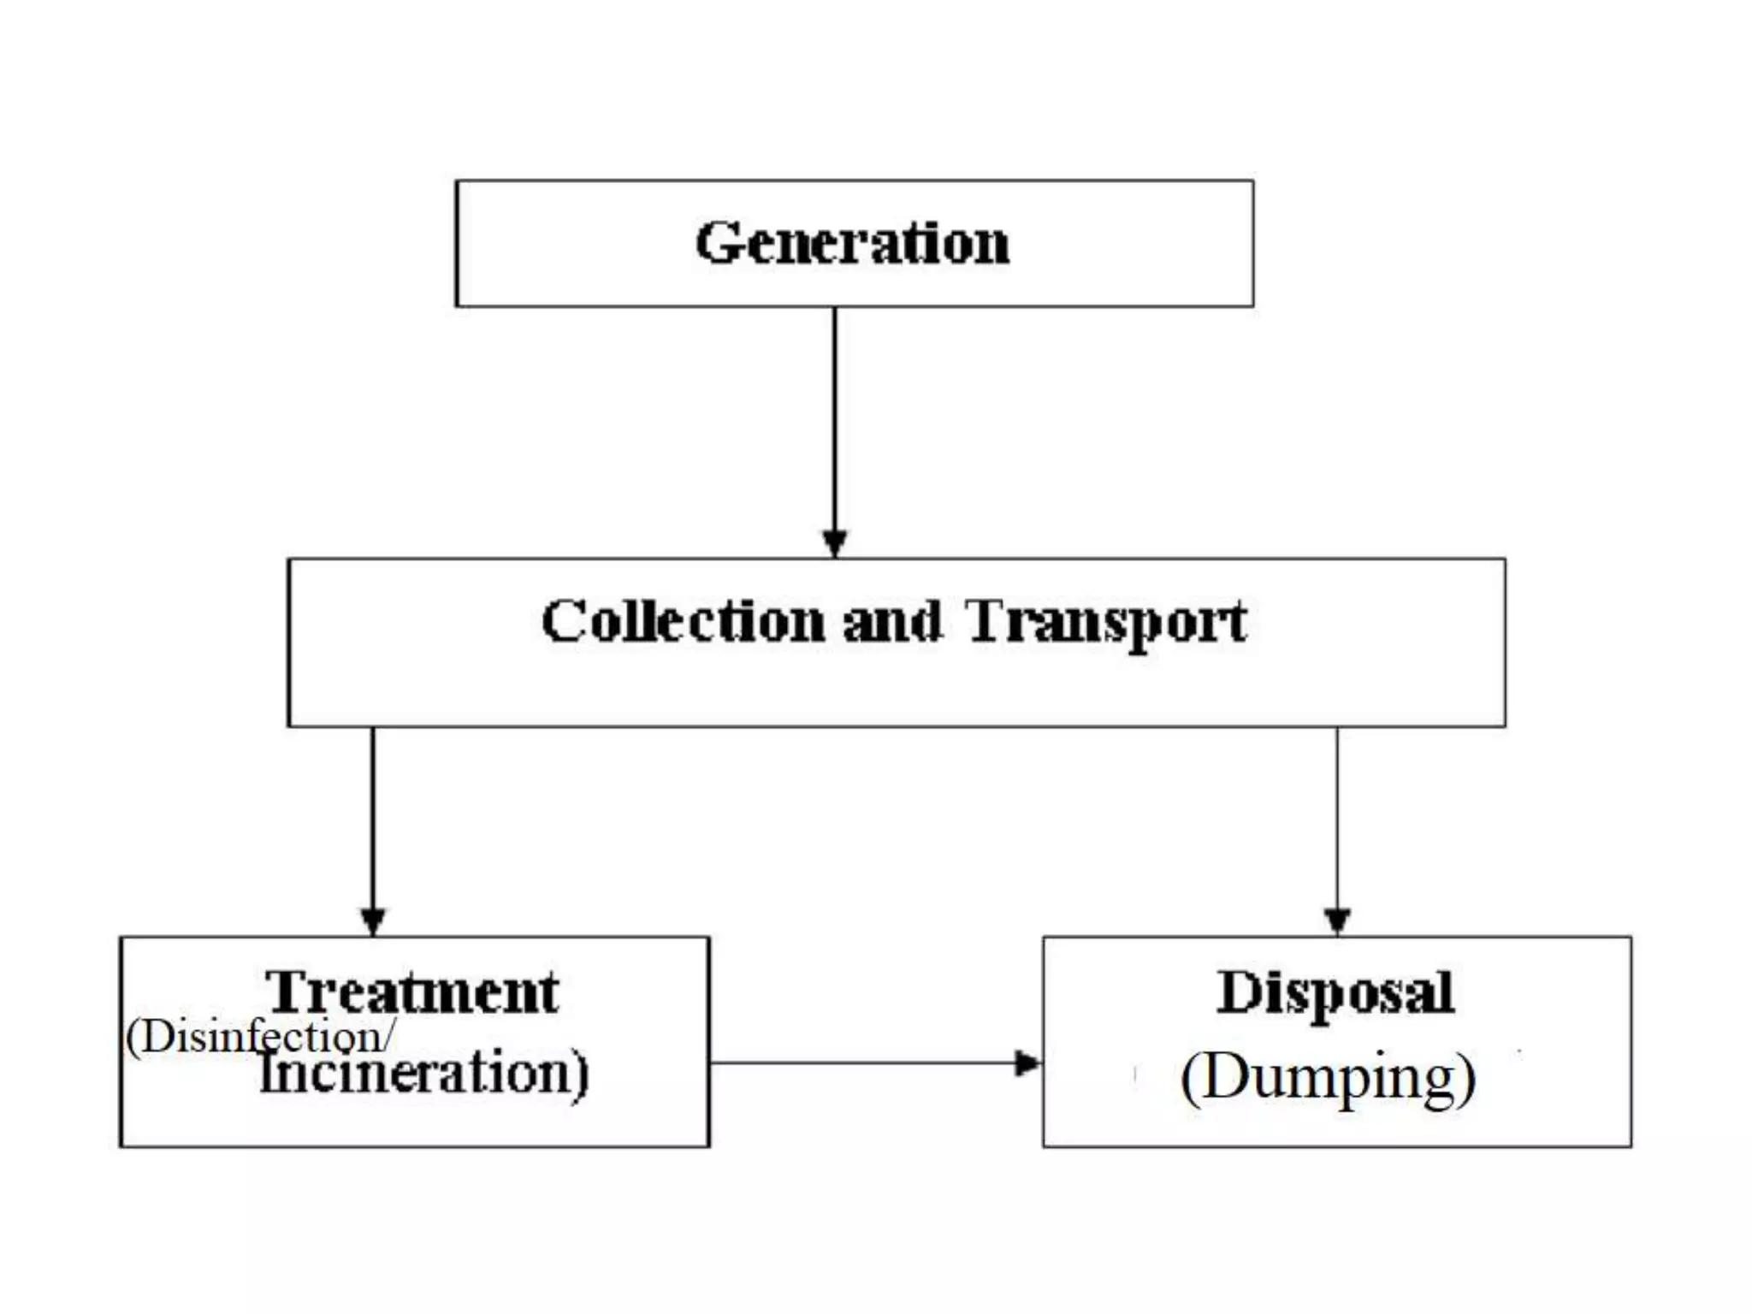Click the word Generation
pyautogui.click(x=852, y=243)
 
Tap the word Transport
pyautogui.click(x=1106, y=623)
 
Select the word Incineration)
pyautogui.click(x=424, y=1073)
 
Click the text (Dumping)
pyautogui.click(x=1328, y=1078)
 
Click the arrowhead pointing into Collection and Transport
pyautogui.click(x=835, y=543)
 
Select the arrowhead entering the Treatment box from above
pyautogui.click(x=373, y=921)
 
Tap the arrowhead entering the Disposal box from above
pyautogui.click(x=1337, y=921)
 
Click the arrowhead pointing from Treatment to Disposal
pyautogui.click(x=1027, y=1063)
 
